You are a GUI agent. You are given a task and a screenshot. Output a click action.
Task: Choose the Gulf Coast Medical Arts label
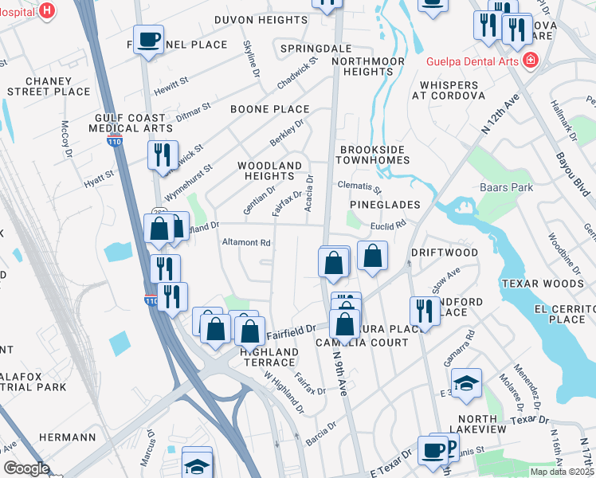click(x=131, y=123)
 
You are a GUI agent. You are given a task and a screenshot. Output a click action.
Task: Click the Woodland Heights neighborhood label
click(x=270, y=170)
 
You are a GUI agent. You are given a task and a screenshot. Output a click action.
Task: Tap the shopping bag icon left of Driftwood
click(x=372, y=257)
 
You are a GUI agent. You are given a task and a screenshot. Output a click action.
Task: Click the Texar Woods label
click(x=543, y=284)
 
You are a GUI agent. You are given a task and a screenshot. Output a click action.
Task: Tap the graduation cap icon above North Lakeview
click(x=466, y=384)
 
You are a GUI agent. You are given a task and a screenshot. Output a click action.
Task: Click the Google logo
click(x=26, y=468)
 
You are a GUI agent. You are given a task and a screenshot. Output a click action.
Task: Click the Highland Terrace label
click(x=269, y=357)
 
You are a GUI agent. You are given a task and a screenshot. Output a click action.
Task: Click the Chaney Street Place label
click(x=48, y=86)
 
